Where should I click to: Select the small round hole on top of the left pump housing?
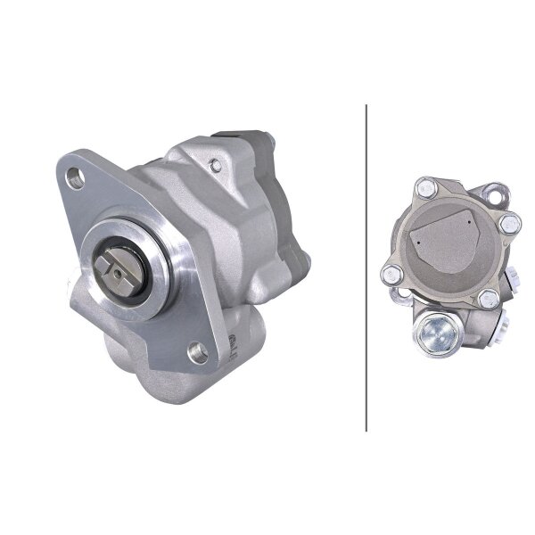point(214,163)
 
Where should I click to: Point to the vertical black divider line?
point(366,267)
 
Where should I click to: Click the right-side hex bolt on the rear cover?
point(510,223)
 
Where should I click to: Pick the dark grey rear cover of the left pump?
point(255,147)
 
